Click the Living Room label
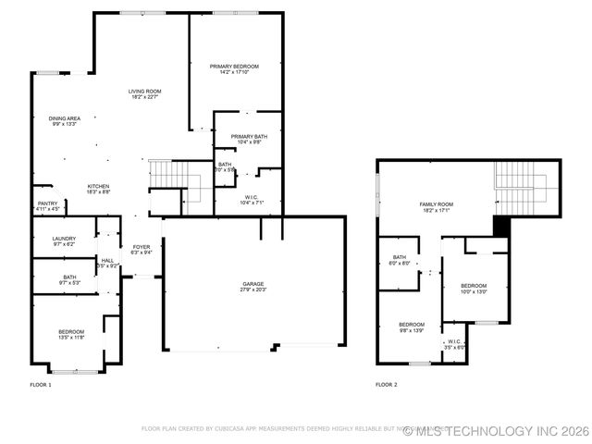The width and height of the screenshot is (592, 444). click(x=145, y=91)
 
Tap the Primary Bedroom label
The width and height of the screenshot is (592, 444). click(x=234, y=67)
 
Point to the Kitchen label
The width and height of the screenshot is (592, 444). click(x=99, y=185)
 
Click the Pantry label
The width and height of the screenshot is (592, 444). click(x=47, y=203)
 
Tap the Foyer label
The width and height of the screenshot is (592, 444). click(x=142, y=247)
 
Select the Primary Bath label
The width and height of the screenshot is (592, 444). click(x=248, y=136)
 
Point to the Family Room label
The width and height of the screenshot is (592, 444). click(x=437, y=203)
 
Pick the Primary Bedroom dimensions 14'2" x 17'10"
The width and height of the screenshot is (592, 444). click(x=234, y=72)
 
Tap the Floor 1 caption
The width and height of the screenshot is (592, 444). click(x=41, y=384)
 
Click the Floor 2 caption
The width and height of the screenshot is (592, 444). click(x=387, y=384)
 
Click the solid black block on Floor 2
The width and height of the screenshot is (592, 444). click(x=501, y=227)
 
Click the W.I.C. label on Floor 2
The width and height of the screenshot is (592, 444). click(x=455, y=343)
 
